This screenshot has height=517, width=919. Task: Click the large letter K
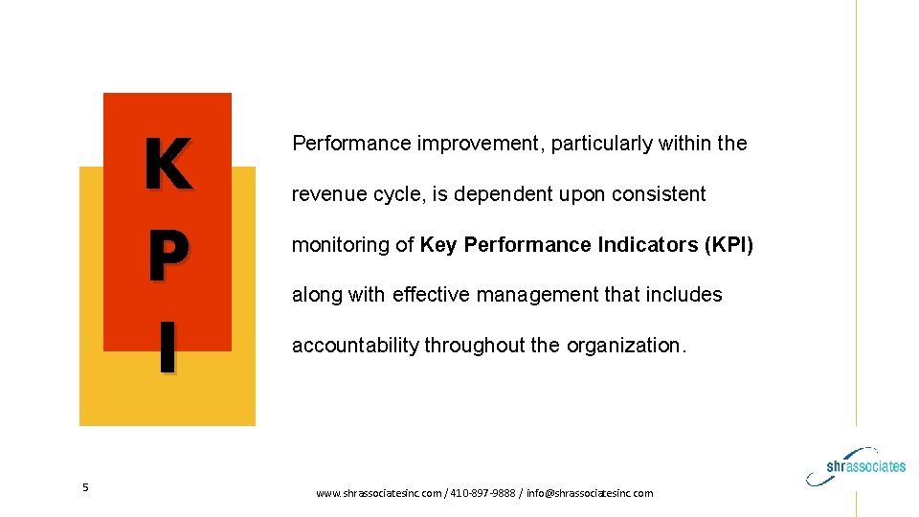point(168,165)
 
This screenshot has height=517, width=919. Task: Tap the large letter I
point(167,348)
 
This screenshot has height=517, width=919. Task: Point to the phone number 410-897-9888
point(481,493)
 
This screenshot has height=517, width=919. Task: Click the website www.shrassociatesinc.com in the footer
point(378,493)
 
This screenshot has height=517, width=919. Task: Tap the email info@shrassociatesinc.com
point(590,493)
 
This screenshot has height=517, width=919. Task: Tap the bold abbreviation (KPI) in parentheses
point(728,245)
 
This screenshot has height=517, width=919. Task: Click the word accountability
point(355,346)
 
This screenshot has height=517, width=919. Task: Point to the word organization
point(626,346)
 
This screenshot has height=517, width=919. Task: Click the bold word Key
point(438,245)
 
